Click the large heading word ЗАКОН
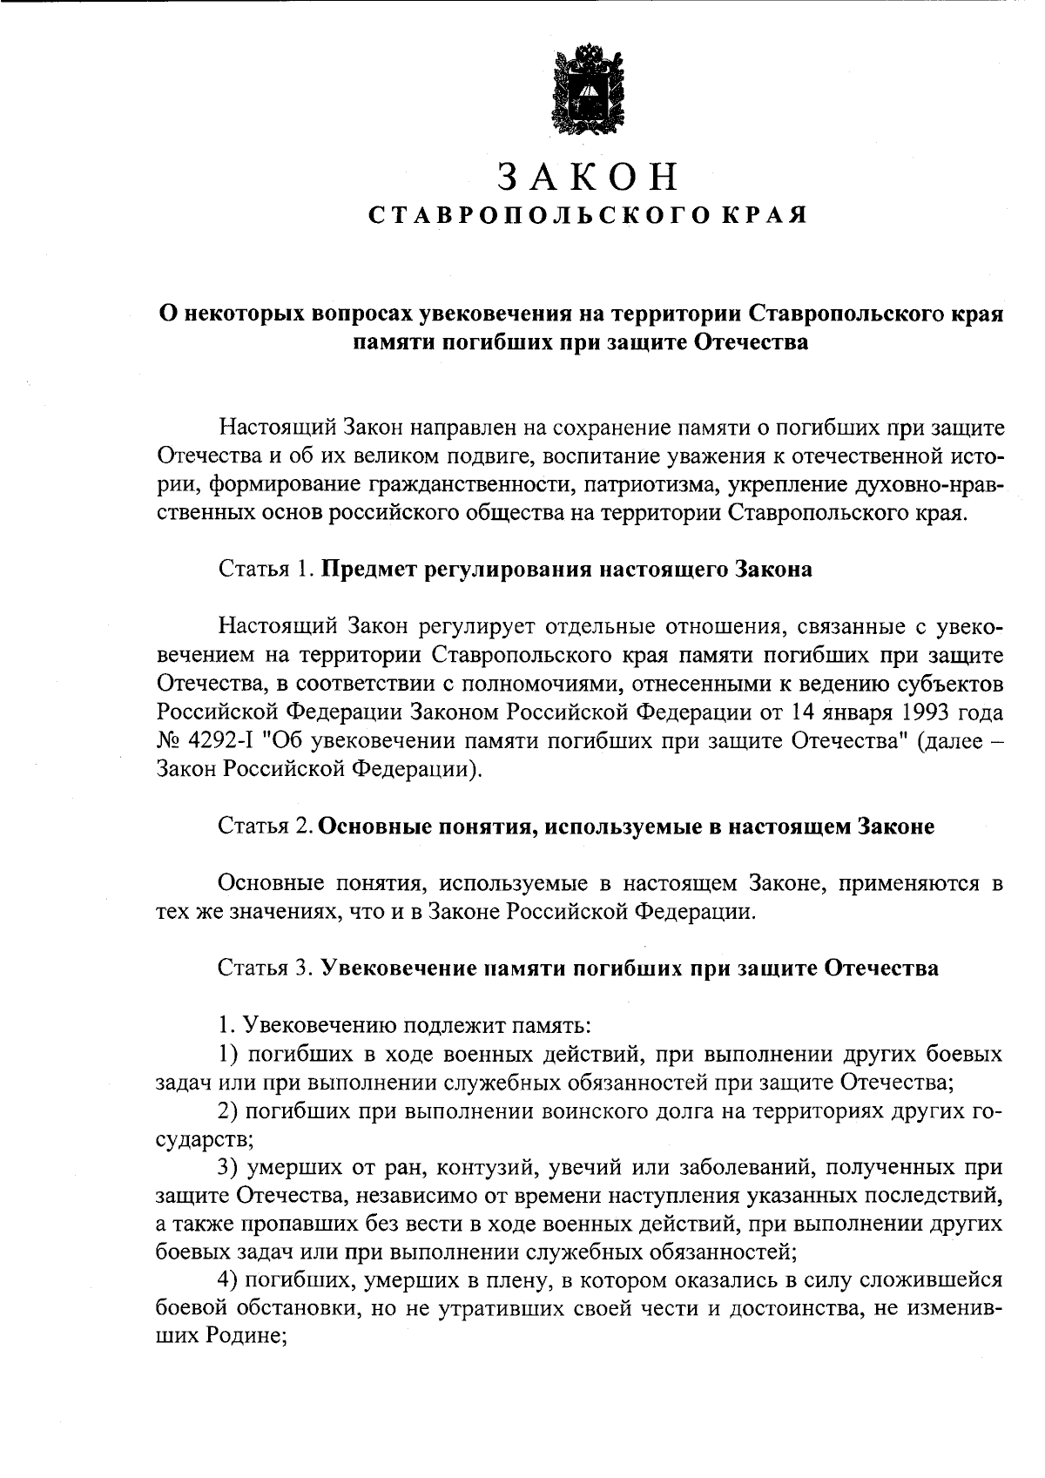[589, 177]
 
